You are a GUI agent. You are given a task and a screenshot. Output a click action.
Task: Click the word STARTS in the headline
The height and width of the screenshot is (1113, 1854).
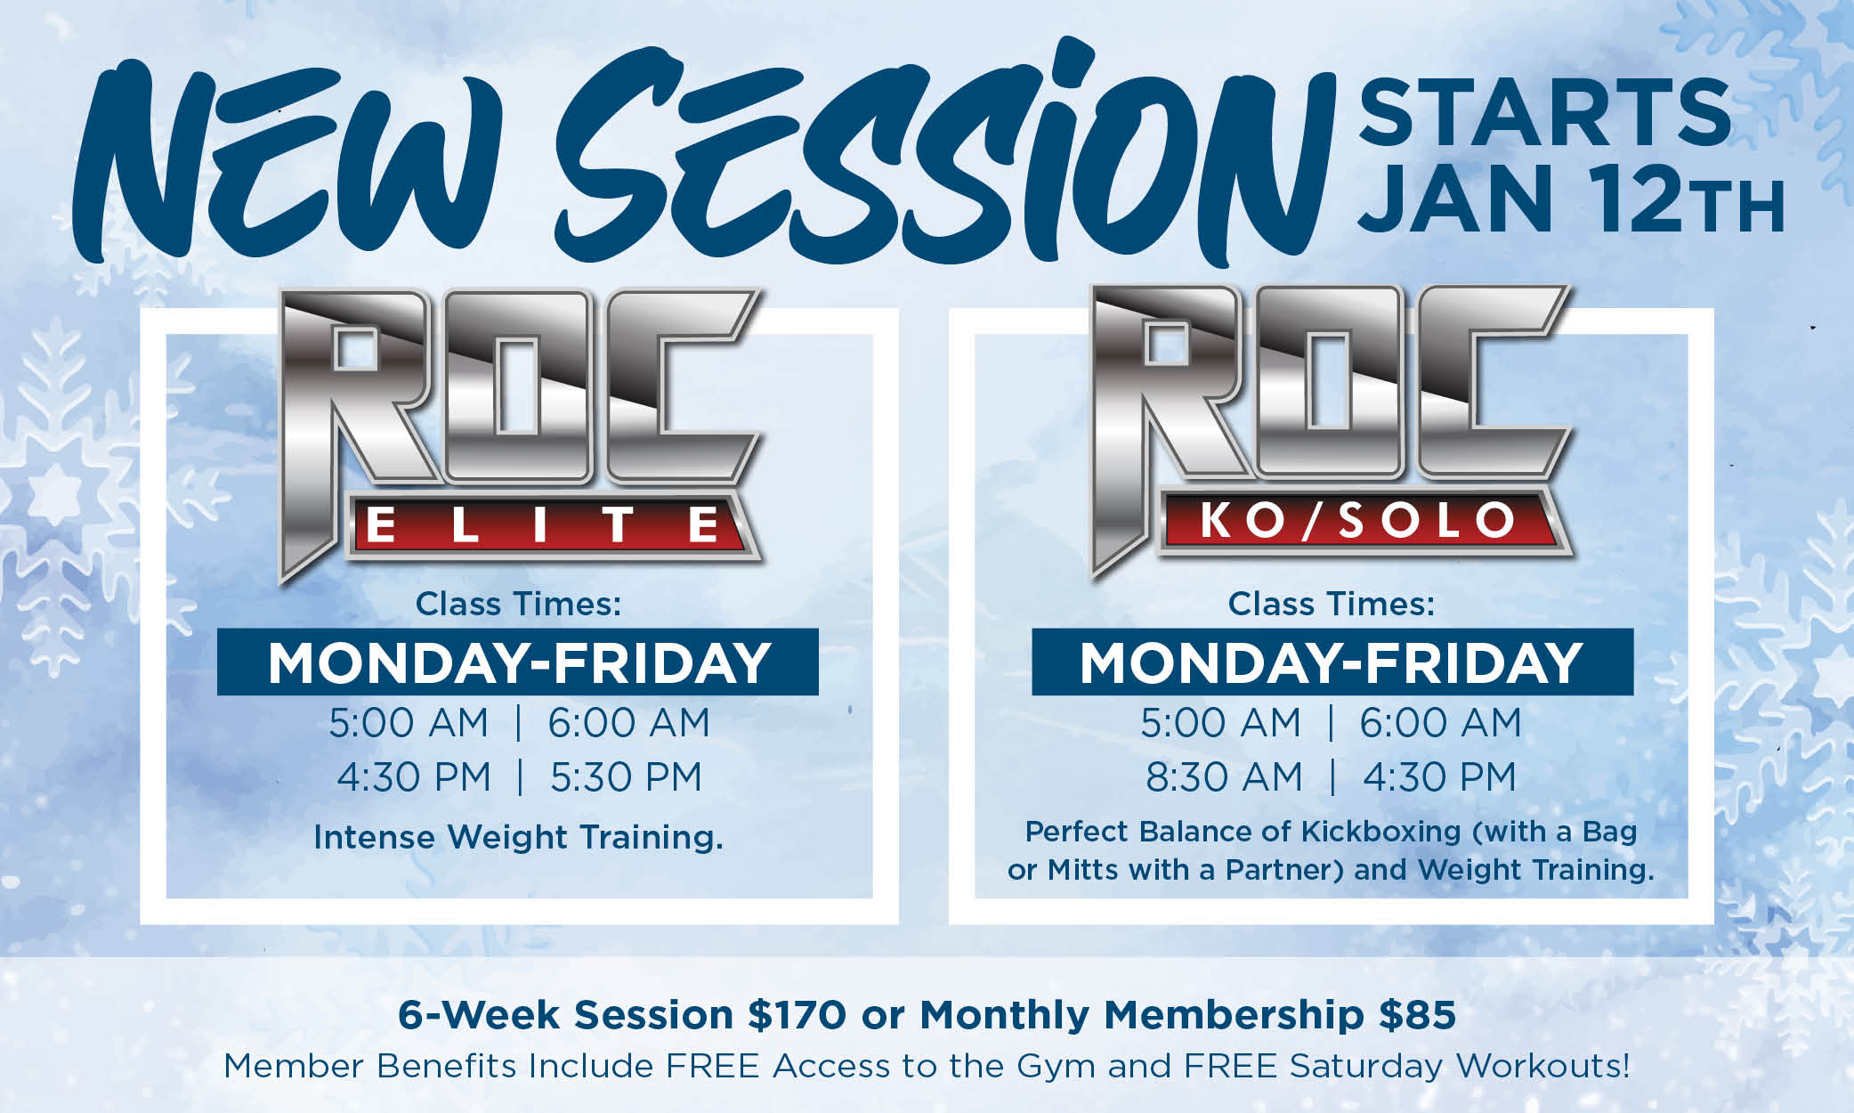click(1545, 112)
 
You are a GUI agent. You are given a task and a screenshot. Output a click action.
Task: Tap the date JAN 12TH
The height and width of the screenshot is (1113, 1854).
click(1573, 199)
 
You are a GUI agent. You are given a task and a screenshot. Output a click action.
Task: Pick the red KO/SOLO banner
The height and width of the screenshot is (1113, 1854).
click(1358, 521)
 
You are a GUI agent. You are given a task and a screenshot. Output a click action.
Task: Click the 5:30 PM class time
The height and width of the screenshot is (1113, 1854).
click(626, 777)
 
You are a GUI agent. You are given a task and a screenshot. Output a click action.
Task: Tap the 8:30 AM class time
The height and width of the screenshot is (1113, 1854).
click(1223, 777)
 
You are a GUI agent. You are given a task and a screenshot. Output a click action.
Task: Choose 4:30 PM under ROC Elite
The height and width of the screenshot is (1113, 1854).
click(413, 777)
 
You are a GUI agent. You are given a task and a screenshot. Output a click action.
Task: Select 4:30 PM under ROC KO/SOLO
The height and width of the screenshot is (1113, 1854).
click(1439, 777)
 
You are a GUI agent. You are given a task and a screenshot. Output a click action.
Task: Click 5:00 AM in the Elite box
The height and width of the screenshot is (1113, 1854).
click(409, 723)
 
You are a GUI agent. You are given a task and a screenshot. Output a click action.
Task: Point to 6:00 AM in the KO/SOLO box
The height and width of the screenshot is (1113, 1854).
click(1440, 723)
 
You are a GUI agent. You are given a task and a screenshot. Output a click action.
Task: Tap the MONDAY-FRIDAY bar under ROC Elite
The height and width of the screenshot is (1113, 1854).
click(518, 662)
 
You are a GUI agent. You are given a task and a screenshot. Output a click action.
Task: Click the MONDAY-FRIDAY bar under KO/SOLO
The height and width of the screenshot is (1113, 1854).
click(1332, 662)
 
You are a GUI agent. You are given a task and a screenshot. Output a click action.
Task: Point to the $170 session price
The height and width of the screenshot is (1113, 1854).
click(797, 1015)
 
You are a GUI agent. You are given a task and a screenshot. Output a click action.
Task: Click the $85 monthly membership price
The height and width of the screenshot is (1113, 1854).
click(1418, 1015)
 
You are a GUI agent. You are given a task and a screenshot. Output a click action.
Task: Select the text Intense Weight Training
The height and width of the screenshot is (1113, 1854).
click(518, 838)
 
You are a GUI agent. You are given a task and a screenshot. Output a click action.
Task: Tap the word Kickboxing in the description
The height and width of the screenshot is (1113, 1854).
click(1380, 832)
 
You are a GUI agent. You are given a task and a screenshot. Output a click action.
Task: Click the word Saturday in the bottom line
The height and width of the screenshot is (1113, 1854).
click(1365, 1067)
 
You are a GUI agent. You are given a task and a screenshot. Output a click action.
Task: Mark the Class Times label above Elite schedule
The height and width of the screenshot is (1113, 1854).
click(518, 605)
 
